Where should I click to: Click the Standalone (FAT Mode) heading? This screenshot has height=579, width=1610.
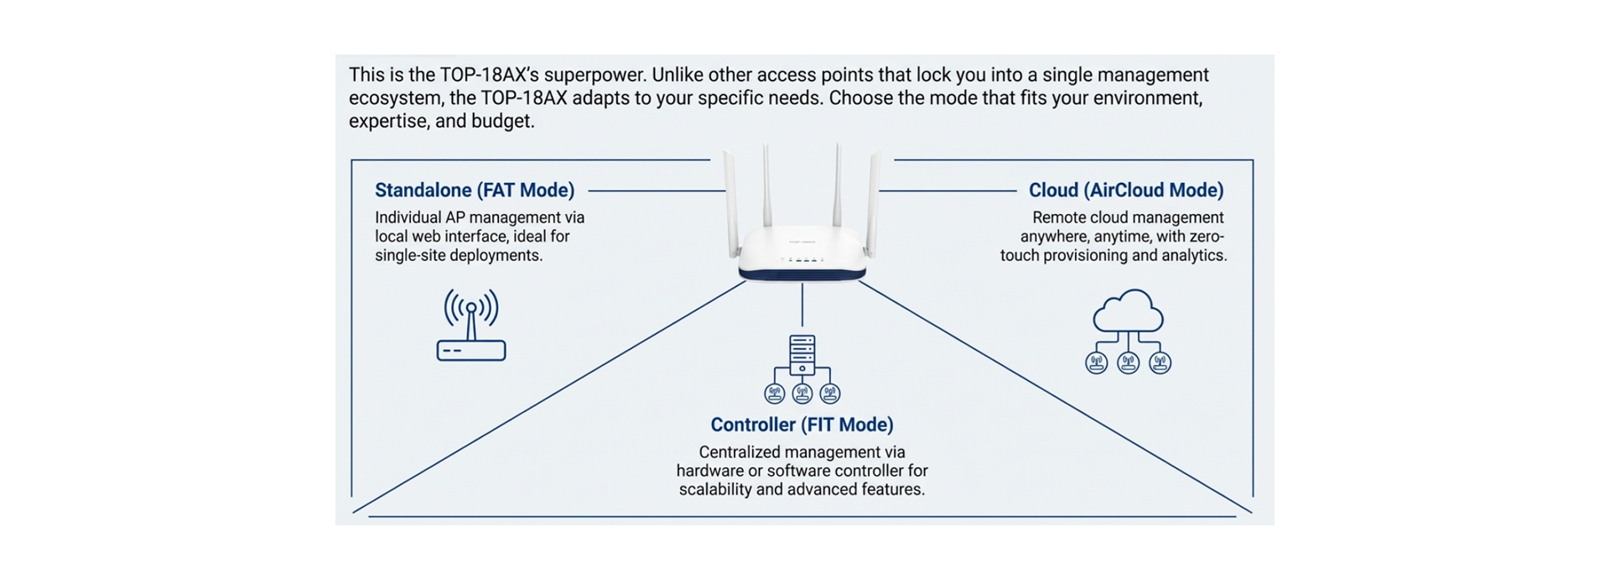click(475, 190)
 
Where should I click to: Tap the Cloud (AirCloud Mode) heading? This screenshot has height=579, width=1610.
click(1126, 190)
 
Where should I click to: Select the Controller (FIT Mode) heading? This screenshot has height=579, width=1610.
click(802, 425)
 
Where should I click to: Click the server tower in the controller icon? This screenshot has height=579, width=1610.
click(802, 354)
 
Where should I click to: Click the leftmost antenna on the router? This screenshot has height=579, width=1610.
click(727, 197)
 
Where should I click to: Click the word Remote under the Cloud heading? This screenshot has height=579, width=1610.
click(1058, 217)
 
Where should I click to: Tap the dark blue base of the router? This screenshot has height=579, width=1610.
click(802, 272)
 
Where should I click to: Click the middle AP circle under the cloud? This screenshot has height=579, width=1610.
click(1128, 363)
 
